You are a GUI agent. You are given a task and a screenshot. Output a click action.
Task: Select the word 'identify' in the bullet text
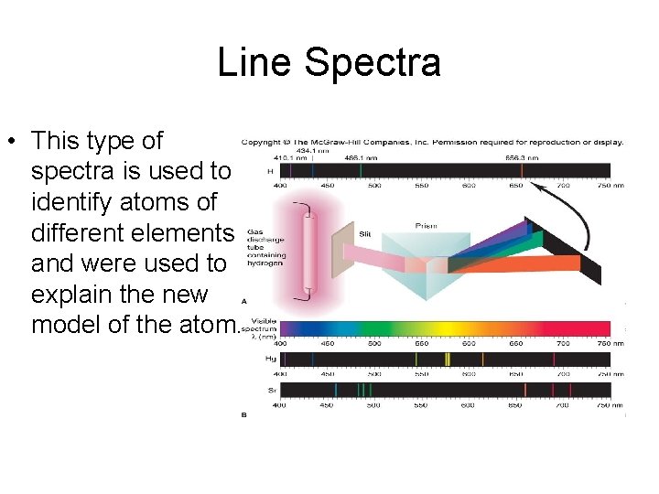click(75, 201)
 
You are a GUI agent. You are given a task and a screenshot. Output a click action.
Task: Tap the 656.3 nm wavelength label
click(521, 157)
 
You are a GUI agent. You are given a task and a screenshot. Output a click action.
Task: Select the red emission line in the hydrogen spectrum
click(522, 170)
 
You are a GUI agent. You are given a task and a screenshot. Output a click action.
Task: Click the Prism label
click(427, 226)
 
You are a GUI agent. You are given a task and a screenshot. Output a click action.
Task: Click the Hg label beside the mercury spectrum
click(270, 360)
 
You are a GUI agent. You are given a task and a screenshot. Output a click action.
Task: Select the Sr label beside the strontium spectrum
click(271, 391)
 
